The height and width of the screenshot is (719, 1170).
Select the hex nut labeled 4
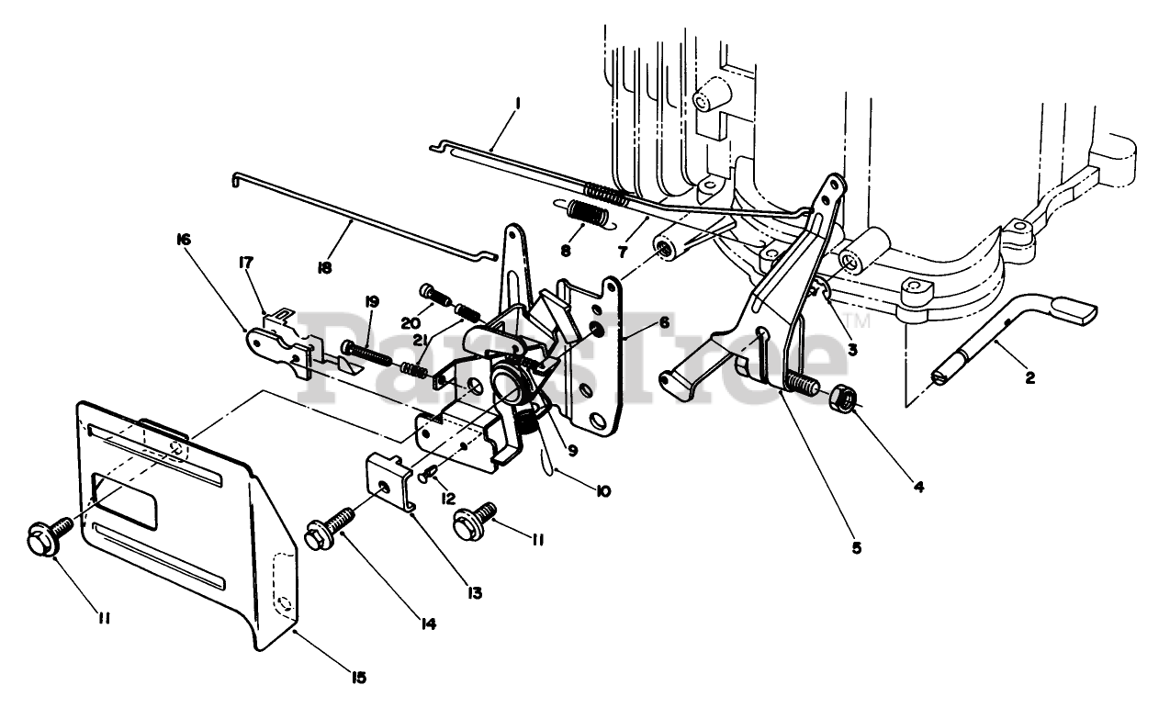coord(844,400)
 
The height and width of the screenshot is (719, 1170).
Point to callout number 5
coord(856,548)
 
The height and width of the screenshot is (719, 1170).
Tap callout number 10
coord(602,491)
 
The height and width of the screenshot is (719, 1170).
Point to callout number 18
coord(324,268)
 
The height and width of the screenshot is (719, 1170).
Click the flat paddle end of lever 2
coord(1073,309)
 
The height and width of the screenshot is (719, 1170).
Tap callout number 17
coord(245,264)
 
